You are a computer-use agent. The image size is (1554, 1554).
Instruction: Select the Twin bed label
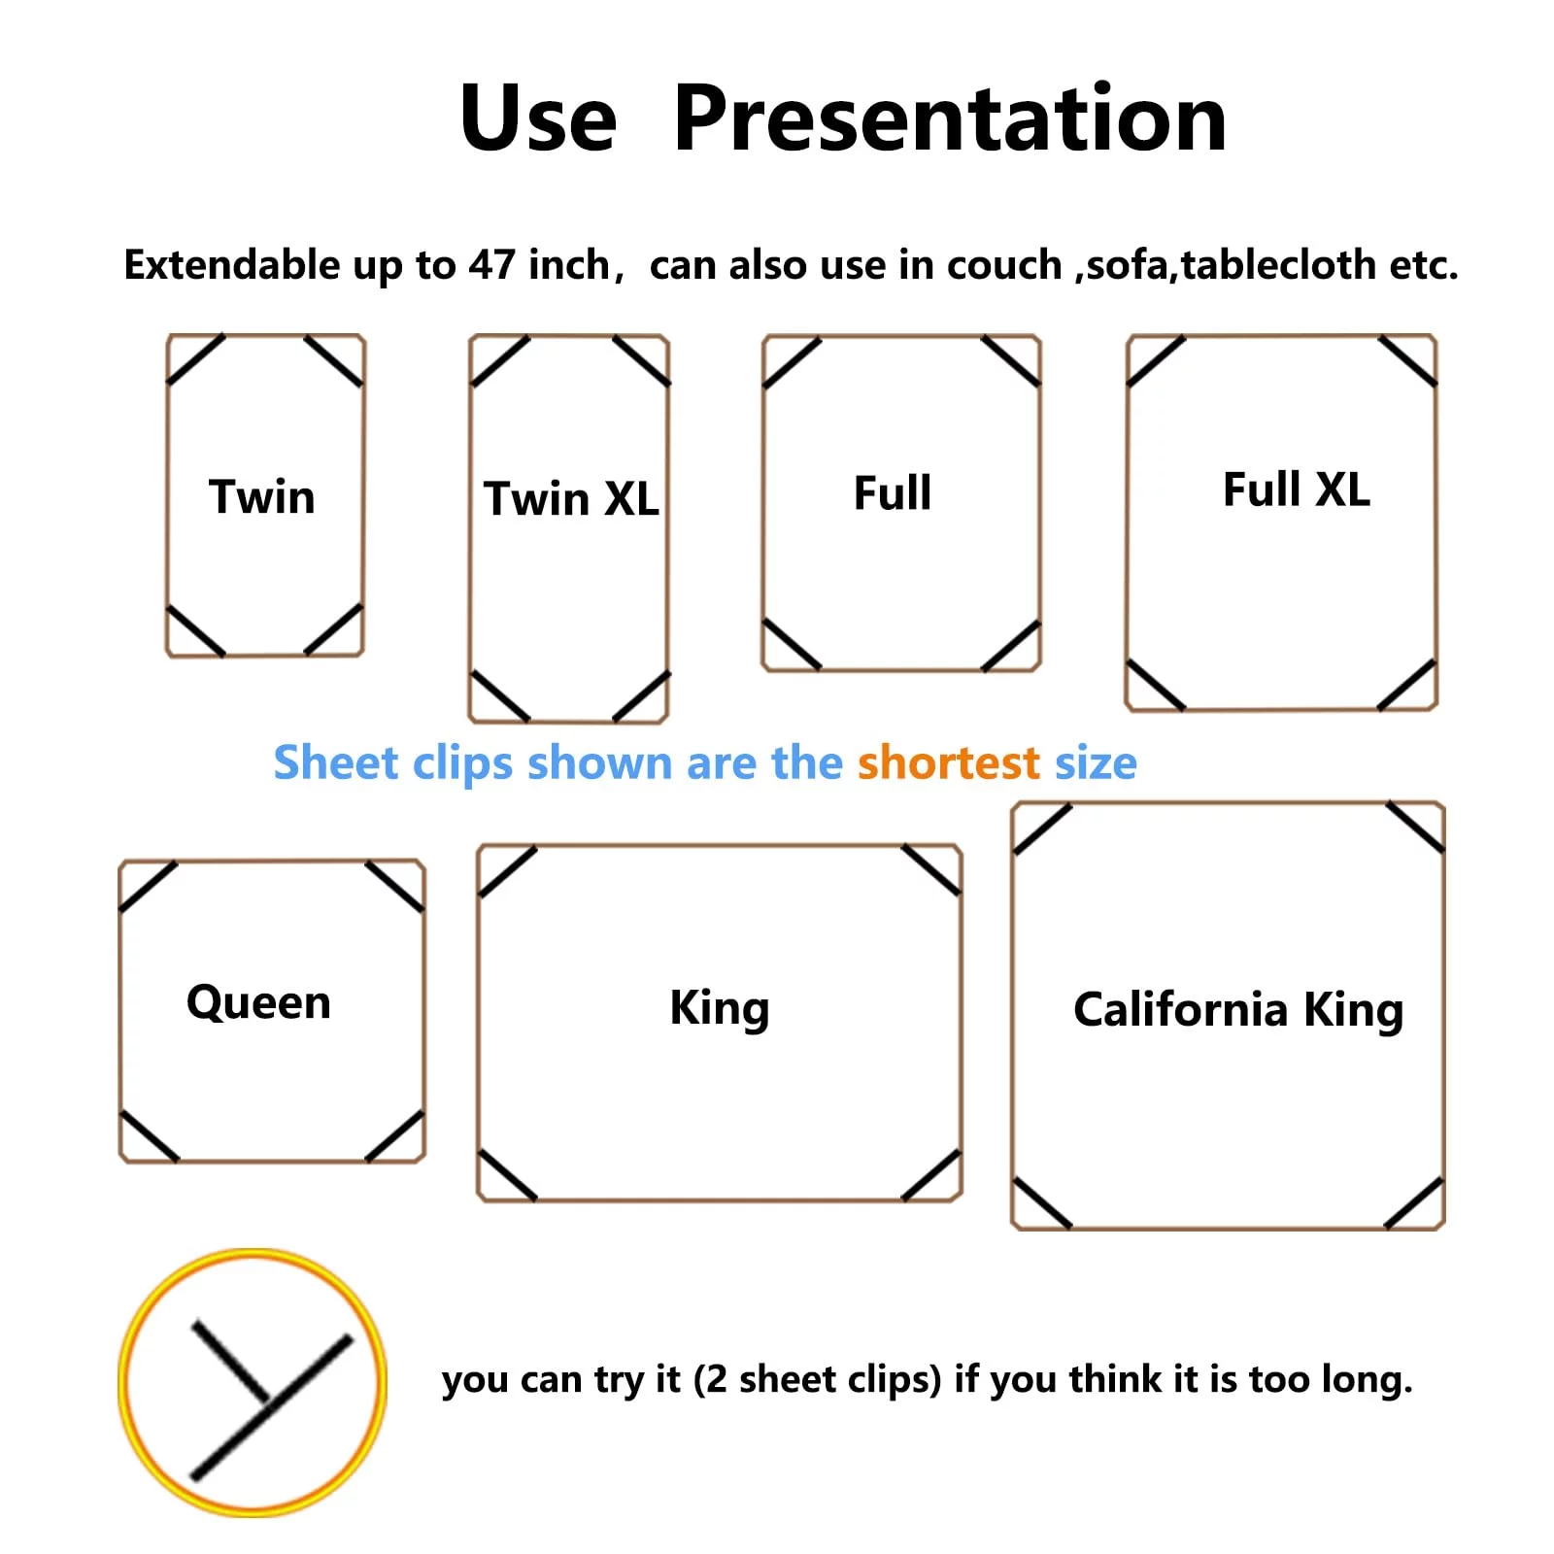coord(262,496)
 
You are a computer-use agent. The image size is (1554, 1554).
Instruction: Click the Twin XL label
coord(571,498)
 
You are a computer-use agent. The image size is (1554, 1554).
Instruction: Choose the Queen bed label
coord(258,1003)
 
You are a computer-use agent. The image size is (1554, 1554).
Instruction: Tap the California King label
coord(1238,1010)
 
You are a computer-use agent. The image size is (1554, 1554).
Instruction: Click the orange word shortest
coord(949,762)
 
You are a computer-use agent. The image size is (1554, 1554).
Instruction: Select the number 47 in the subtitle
coord(491,264)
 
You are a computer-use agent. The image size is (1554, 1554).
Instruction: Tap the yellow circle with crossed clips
coord(253,1382)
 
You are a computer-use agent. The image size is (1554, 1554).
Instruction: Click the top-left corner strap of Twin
coord(196,359)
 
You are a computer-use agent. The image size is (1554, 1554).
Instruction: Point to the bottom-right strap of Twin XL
coord(641,696)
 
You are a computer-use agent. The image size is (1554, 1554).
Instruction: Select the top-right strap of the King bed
coord(931,870)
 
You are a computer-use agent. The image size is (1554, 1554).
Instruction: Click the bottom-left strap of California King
coord(1042,1203)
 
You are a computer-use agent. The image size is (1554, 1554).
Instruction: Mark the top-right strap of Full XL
coord(1407,361)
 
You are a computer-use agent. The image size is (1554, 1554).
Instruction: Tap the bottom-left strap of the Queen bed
coord(150,1136)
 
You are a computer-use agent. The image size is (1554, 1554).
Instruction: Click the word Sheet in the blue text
coord(336,762)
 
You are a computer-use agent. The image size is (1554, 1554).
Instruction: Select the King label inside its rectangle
coord(720,1008)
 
